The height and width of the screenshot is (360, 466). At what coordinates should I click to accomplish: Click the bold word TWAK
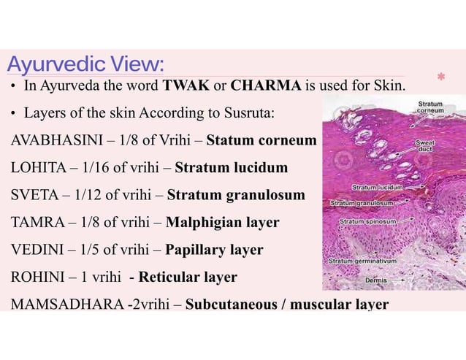[188, 86]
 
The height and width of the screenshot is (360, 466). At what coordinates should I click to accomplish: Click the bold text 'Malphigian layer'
[222, 222]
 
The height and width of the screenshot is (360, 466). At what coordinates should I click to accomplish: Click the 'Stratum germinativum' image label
[362, 259]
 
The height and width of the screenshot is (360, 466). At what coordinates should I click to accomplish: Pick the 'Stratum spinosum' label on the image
[368, 220]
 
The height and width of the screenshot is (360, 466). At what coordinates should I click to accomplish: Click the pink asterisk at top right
[440, 76]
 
